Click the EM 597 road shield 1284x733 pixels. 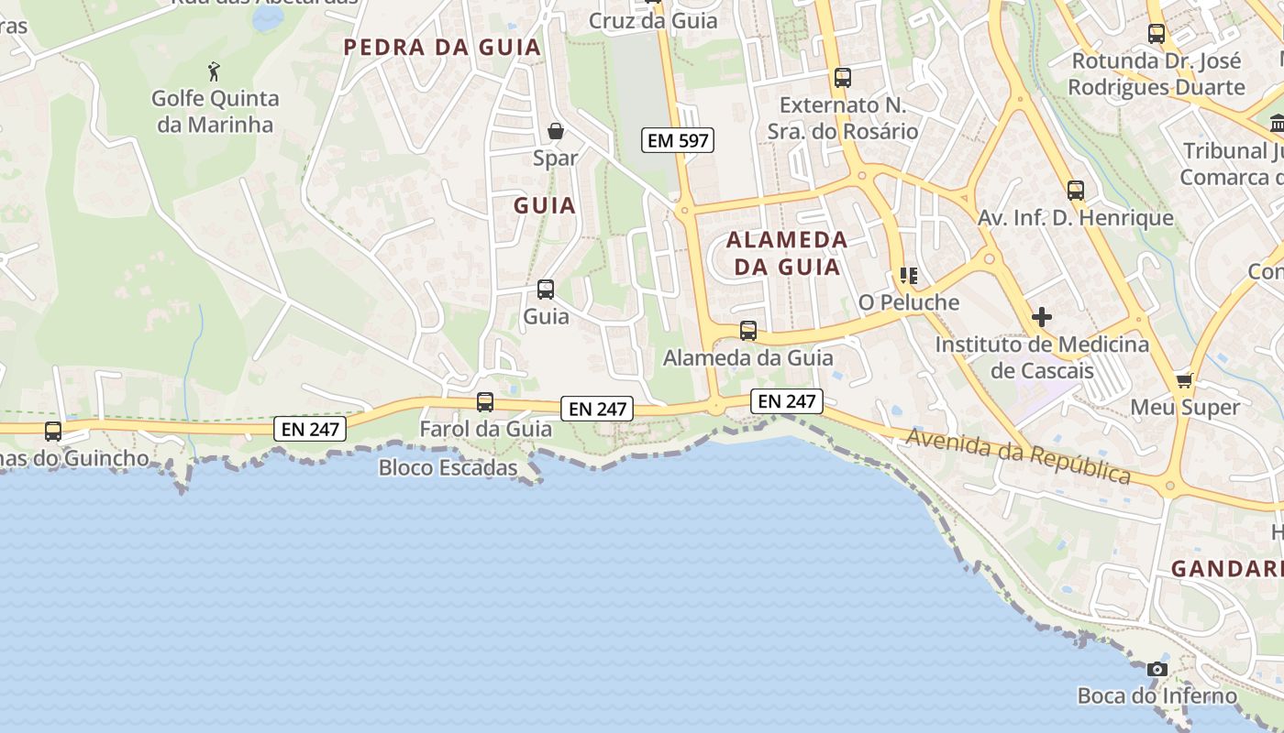(x=678, y=140)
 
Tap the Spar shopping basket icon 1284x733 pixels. (x=555, y=131)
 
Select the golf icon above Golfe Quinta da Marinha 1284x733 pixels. (x=215, y=71)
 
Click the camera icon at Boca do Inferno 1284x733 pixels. (x=1157, y=670)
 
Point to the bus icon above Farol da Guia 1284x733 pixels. (x=485, y=402)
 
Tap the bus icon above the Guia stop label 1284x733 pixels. (x=546, y=290)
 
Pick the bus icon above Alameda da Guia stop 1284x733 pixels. (x=748, y=331)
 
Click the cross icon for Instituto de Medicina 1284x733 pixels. (x=1042, y=317)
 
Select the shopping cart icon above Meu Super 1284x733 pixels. (x=1184, y=379)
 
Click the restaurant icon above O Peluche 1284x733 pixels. (x=909, y=276)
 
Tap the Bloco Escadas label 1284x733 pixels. (x=448, y=468)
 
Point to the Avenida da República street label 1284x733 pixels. (x=1018, y=455)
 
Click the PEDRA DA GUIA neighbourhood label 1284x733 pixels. (x=442, y=48)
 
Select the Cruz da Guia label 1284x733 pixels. (x=653, y=20)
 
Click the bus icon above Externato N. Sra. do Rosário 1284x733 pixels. (x=843, y=78)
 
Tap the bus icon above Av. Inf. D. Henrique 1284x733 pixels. (x=1076, y=191)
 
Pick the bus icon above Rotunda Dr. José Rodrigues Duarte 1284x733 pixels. (x=1157, y=34)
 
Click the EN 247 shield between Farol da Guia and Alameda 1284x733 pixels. (x=598, y=409)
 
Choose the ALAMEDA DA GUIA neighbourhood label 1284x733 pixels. (x=787, y=253)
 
